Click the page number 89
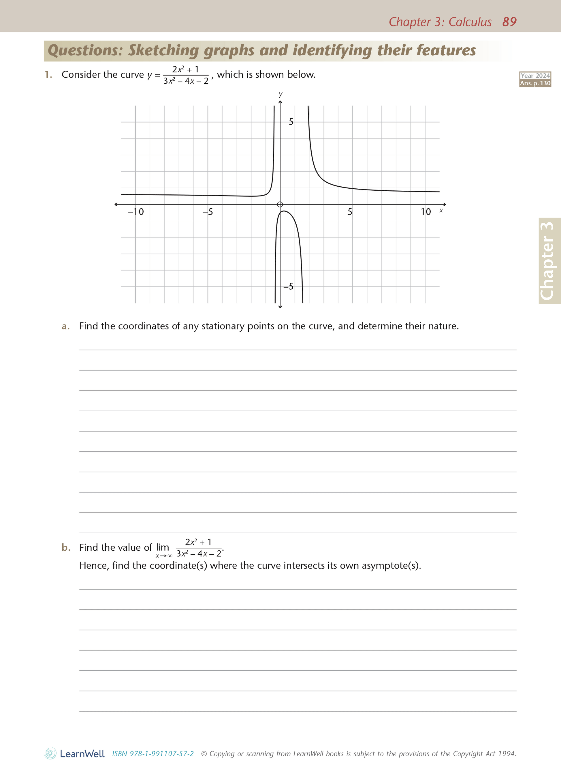pyautogui.click(x=509, y=22)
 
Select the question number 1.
pyautogui.click(x=48, y=74)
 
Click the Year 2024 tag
pyautogui.click(x=535, y=76)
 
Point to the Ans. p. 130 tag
pyautogui.click(x=535, y=83)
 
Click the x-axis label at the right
pyautogui.click(x=441, y=211)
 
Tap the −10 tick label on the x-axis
pyautogui.click(x=135, y=212)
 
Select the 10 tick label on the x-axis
pyautogui.click(x=426, y=212)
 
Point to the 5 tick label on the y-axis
pyautogui.click(x=291, y=122)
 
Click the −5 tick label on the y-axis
pyautogui.click(x=288, y=286)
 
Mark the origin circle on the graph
pyautogui.click(x=280, y=204)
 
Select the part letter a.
pyautogui.click(x=65, y=326)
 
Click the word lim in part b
pyautogui.click(x=163, y=547)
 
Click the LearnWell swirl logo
pyautogui.click(x=50, y=753)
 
